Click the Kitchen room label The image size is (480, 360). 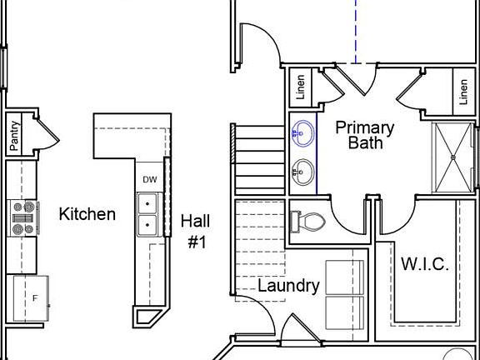click(x=87, y=214)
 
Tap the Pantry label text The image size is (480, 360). click(x=14, y=136)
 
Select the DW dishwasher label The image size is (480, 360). click(x=150, y=179)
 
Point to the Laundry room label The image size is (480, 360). click(x=288, y=286)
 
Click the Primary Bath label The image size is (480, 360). click(x=365, y=134)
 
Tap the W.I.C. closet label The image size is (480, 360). click(x=425, y=264)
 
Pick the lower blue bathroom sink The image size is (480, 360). click(x=302, y=172)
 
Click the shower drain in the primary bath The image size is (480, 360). click(x=452, y=156)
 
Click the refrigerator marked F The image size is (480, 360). click(x=32, y=298)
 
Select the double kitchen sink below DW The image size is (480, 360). click(x=148, y=213)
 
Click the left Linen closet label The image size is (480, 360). click(x=300, y=87)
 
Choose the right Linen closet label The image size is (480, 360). click(x=462, y=92)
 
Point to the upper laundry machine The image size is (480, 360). click(x=344, y=277)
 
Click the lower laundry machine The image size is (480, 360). click(x=344, y=312)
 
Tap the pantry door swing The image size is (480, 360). click(x=47, y=133)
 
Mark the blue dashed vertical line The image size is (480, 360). click(x=356, y=29)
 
